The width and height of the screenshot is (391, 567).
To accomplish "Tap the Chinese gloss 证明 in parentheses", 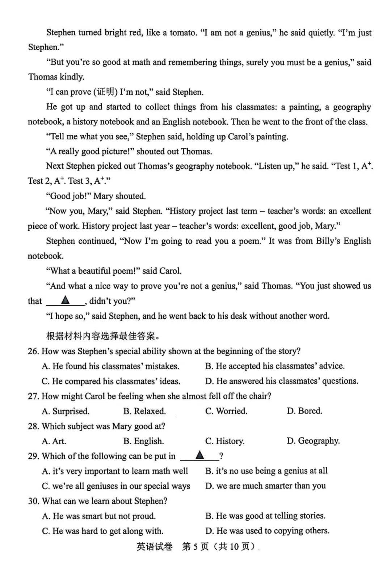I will [106, 92].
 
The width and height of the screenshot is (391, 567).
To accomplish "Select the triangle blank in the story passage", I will [66, 300].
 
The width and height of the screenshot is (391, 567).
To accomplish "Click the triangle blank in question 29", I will [199, 455].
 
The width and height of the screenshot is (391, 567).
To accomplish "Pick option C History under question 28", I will [225, 441].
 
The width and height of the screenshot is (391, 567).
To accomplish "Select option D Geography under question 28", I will [313, 441].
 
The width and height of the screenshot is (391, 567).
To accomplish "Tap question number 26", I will [33, 351].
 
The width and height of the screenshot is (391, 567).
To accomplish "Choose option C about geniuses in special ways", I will [116, 486].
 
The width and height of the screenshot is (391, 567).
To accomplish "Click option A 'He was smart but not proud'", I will [99, 516].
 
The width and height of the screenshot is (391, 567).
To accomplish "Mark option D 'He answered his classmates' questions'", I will [282, 381].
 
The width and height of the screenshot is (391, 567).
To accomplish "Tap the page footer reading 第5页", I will [195, 546].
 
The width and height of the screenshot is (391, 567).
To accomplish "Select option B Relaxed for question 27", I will [144, 411].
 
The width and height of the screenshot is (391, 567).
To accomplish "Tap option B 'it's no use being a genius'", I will [266, 471].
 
